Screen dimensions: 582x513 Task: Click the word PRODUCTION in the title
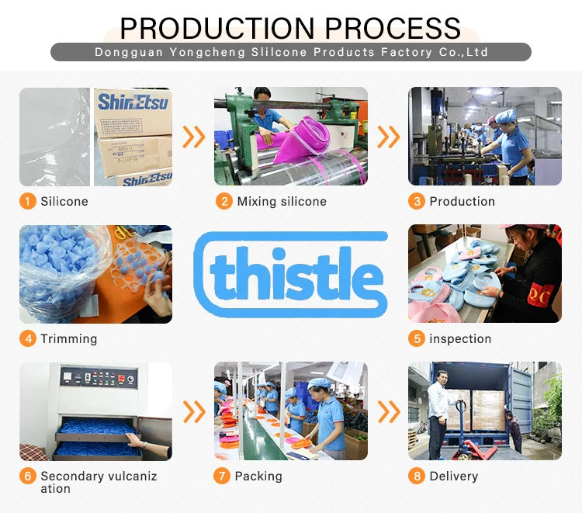tap(217, 28)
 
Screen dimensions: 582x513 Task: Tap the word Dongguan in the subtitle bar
tap(129, 52)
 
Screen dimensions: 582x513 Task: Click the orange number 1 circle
tap(27, 201)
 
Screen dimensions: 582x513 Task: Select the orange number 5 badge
tap(417, 338)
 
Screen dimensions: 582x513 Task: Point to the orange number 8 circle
tap(417, 476)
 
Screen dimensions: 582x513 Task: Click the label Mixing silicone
tap(282, 202)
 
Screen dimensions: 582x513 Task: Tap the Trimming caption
tap(69, 339)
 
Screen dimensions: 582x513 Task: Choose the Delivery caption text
tap(454, 477)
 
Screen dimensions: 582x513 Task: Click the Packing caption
tap(258, 477)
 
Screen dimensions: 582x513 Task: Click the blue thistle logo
tap(291, 275)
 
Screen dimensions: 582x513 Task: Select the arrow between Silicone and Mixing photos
tap(194, 137)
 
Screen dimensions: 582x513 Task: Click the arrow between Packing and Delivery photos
tap(389, 411)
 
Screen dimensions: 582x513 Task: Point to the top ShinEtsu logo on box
tap(133, 102)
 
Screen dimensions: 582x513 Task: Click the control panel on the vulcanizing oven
tap(99, 376)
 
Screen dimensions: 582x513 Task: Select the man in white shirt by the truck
tap(439, 414)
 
